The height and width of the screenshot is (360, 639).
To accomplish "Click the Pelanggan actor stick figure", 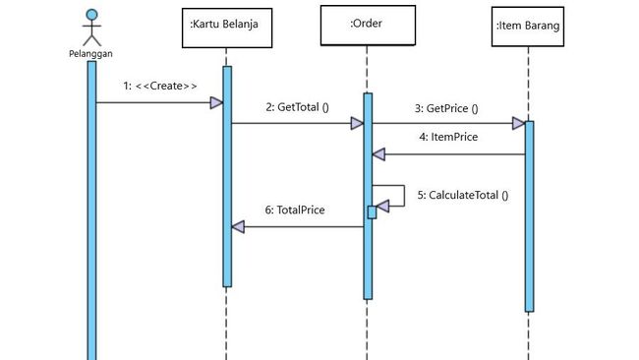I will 91,28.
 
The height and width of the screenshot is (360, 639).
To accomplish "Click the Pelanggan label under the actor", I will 91,54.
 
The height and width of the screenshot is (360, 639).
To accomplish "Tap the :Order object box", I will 368,25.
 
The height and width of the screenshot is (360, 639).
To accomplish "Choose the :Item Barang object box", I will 528,28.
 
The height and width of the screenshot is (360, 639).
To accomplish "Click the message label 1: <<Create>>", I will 160,86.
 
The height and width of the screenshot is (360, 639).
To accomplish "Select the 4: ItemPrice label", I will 448,137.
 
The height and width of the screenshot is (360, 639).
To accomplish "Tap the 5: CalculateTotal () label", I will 463,195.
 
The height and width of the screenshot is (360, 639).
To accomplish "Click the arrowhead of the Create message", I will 216,102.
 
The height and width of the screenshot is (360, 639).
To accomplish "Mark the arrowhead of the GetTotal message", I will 358,124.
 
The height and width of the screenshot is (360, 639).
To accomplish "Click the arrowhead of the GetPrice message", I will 518,124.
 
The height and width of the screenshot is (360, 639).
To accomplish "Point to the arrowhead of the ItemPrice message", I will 378,154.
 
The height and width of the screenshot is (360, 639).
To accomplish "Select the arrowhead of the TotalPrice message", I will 237,227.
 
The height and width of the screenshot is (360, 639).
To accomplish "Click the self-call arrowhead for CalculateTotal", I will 383,205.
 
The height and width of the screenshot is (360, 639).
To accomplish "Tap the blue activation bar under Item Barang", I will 529,216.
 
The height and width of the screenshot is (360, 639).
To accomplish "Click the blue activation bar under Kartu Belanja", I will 226,177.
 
